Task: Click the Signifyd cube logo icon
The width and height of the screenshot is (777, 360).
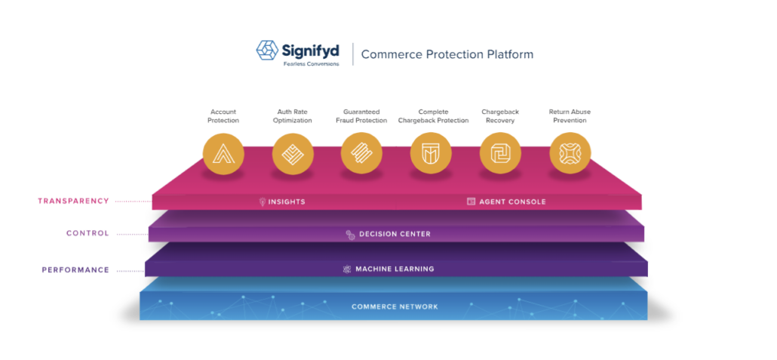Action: [x=267, y=51]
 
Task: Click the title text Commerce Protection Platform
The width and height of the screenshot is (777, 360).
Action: [x=447, y=54]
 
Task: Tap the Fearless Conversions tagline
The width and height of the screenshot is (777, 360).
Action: [x=312, y=64]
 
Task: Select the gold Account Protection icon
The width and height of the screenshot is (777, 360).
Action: [x=223, y=154]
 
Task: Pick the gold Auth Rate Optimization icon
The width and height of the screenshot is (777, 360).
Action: [x=293, y=154]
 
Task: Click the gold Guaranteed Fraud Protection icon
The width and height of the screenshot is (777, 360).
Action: [x=361, y=153]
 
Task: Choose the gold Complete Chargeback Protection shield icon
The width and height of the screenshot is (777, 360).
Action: [x=431, y=153]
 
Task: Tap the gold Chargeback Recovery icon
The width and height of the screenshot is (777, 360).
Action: [x=500, y=153]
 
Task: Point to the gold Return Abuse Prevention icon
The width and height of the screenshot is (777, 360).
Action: [x=570, y=153]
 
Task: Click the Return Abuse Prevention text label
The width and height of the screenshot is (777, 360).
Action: [x=570, y=116]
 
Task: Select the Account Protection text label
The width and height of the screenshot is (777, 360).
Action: [x=223, y=116]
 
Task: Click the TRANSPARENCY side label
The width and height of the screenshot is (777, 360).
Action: [x=73, y=201]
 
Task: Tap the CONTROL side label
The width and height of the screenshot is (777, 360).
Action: [x=88, y=233]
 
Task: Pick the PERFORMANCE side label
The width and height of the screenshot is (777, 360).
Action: [x=75, y=269]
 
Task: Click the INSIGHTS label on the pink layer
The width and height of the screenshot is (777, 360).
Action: [x=287, y=202]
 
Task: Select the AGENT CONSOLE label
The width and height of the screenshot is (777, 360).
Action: [x=512, y=202]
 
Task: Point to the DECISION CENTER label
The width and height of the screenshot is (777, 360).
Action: [x=395, y=234]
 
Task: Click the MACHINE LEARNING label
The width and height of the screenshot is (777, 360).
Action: [x=395, y=269]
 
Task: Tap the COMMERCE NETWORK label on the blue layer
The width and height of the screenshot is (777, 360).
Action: [x=395, y=306]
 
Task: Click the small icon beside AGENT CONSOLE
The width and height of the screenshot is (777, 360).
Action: [x=471, y=202]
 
